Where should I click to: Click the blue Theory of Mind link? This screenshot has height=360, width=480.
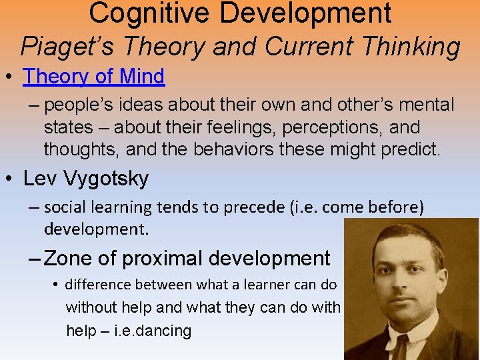[93, 77]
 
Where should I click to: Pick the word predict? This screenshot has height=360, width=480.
[410, 149]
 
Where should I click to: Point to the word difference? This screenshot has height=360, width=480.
[98, 285]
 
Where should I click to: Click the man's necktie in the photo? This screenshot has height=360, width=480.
[401, 347]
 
